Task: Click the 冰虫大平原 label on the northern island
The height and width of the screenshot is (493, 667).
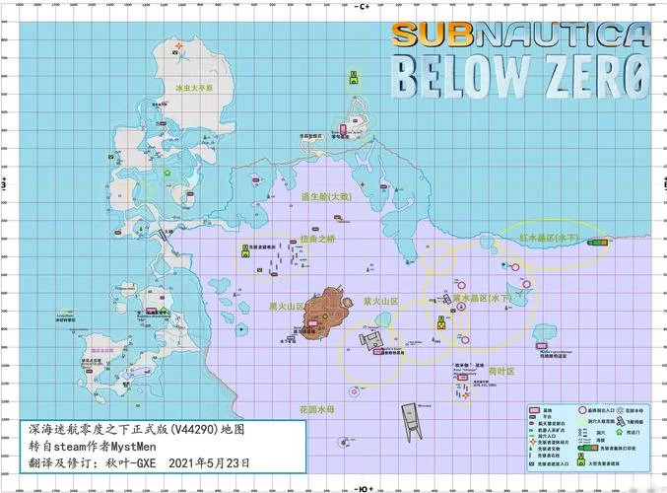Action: [x=194, y=88]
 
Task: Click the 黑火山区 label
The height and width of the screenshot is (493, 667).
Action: [x=287, y=307]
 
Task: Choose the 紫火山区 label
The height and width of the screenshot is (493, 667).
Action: [x=379, y=302]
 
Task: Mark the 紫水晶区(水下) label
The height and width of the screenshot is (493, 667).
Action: [x=482, y=297]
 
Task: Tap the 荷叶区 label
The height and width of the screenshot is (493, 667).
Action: [x=501, y=371]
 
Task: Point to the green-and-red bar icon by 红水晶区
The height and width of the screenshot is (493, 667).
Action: [x=596, y=242]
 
